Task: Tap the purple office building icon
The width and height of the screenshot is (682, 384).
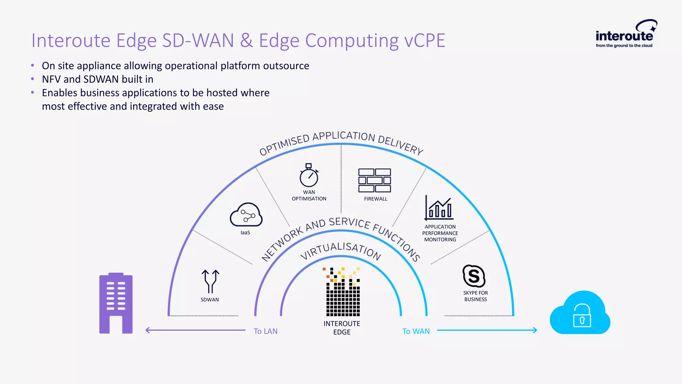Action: pos(116,303)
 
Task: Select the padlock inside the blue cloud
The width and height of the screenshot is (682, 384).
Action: pos(582,316)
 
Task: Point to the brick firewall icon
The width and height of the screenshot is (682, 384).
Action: pos(375,180)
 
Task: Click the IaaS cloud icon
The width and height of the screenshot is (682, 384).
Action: pos(246,215)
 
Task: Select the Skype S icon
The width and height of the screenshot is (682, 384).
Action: pos(474,276)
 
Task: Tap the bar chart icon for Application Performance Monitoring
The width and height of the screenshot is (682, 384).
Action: pos(439,208)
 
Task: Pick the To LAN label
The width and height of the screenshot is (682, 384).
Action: pos(265,331)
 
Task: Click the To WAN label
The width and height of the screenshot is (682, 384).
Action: pos(416,331)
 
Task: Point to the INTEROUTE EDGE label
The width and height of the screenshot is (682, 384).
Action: pos(342,328)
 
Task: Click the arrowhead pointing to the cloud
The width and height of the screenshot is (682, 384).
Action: pos(535,330)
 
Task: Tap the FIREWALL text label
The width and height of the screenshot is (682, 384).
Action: pos(375,199)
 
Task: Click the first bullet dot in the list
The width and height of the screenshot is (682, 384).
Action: pos(33,66)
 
